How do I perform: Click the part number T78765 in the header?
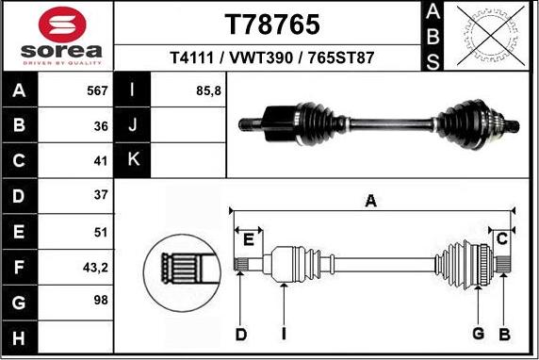270,23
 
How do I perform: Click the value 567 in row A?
97,91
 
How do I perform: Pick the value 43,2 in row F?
95,267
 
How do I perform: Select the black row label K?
133,158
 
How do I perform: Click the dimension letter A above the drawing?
371,200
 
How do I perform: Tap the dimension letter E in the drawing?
247,238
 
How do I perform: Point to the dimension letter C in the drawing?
503,237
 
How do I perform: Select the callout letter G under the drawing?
478,335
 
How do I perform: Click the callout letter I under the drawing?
283,335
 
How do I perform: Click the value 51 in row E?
100,232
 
